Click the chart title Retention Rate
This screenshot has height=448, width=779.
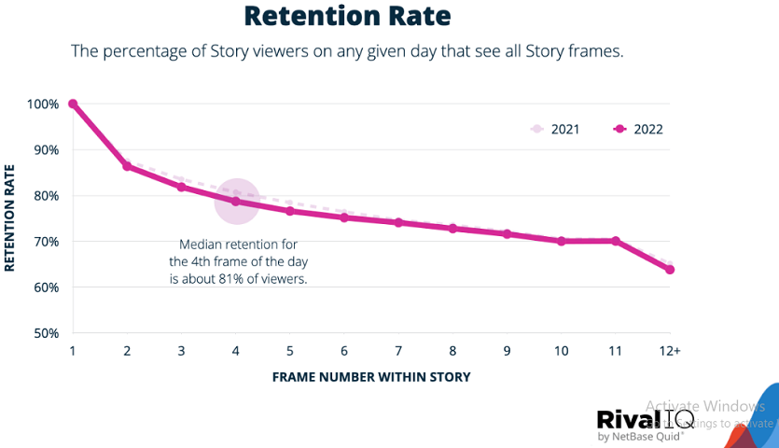coord(346,16)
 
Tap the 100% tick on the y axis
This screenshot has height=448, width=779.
coord(43,104)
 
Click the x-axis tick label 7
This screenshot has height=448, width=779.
coord(398,351)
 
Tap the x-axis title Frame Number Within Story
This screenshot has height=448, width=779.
coord(370,377)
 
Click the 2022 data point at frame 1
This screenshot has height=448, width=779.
coord(73,104)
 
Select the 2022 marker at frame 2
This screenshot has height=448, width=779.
coord(127,166)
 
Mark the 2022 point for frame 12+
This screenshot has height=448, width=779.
coord(669,270)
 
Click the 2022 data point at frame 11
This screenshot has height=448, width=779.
coord(616,241)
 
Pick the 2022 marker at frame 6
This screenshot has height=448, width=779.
coord(344,217)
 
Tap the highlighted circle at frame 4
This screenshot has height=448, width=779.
coord(236,201)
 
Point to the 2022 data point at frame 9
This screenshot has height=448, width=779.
coord(508,234)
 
